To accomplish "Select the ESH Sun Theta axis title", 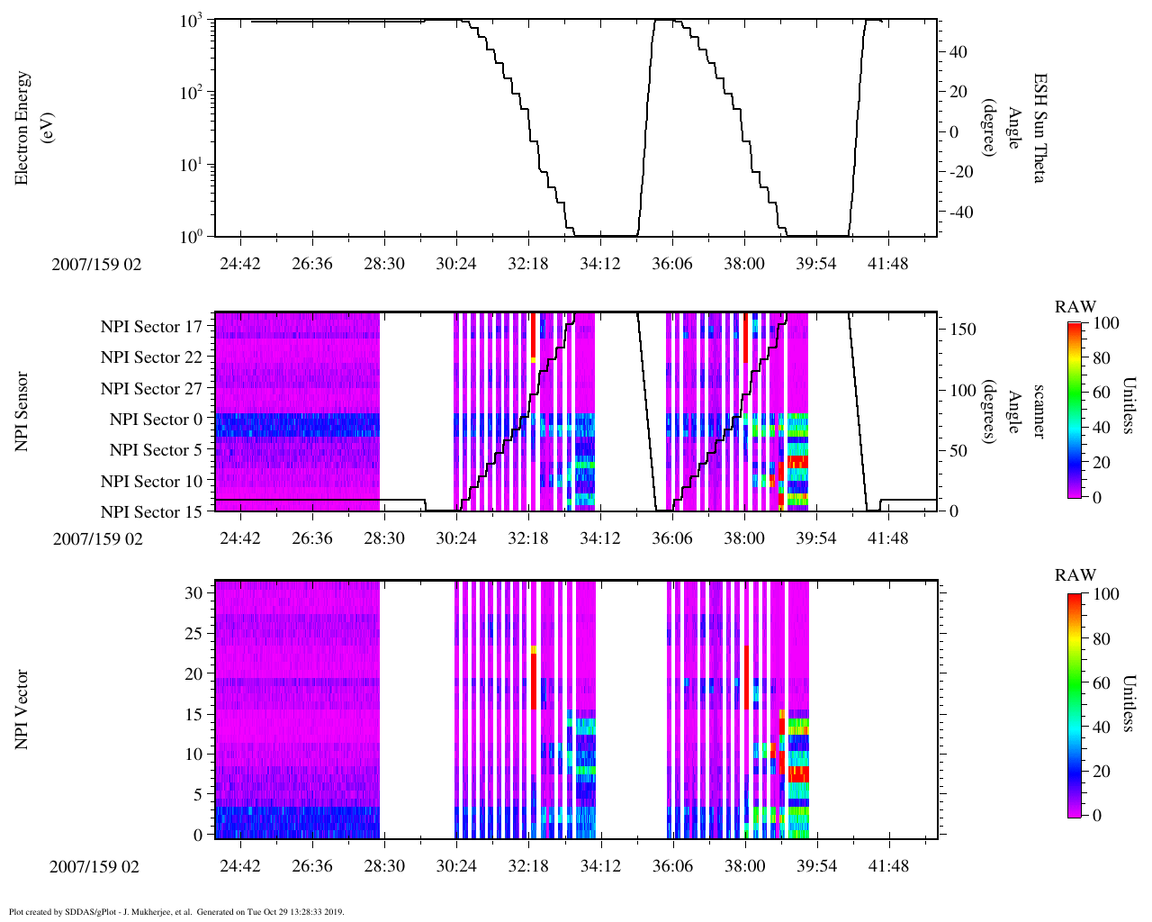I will coord(1039,128).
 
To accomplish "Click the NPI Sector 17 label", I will coord(152,327).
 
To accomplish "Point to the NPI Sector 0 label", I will coord(157,420).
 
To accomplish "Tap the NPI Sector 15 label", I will coord(152,512).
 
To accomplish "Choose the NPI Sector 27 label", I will coord(152,389).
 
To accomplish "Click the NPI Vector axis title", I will coord(22,710).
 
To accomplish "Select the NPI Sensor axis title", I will coord(22,411).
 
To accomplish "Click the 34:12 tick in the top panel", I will coord(600,263).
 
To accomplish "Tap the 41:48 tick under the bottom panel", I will coord(889,866).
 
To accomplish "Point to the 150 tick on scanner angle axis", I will coord(964,330).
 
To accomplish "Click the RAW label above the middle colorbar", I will coord(1075,307).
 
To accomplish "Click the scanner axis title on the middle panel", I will coord(1039,411).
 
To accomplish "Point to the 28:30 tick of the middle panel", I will coord(384,538).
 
